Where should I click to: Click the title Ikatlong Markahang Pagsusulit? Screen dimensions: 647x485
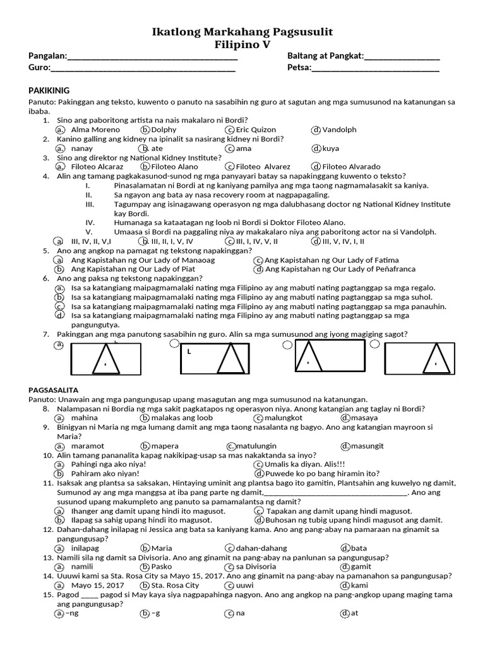coord(242,32)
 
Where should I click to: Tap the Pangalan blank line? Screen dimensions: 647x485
coord(152,57)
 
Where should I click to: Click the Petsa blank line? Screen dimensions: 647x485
coord(375,69)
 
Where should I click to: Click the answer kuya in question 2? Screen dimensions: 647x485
coord(330,148)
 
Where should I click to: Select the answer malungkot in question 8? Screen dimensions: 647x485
coord(284,418)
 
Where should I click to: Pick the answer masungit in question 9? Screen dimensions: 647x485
coord(367,445)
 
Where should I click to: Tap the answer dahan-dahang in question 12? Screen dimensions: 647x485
coord(261,548)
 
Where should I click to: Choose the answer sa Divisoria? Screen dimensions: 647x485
coord(255,567)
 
